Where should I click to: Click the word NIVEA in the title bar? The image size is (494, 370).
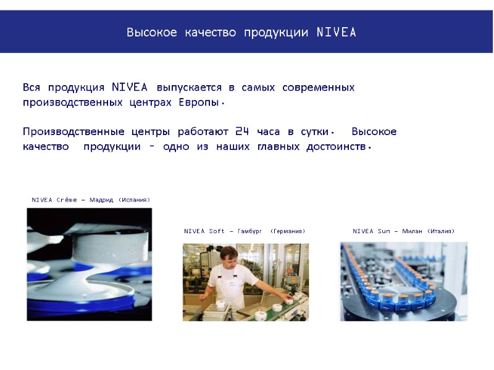coord(336,32)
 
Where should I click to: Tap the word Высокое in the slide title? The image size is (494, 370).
coord(151,32)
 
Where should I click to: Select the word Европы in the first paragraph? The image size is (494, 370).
coord(199,102)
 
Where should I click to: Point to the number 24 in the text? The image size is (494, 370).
coord(243,132)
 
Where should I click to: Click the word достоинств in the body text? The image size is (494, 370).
coord(337,147)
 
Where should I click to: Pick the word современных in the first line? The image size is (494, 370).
coord(318,88)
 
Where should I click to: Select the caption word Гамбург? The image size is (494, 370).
coord(250,231)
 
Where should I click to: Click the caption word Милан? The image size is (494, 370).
coord(412,231)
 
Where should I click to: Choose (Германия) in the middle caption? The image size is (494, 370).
coord(288,231)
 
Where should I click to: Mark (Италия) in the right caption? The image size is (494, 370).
coord(440,231)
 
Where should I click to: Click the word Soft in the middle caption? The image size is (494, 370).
coord(217,231)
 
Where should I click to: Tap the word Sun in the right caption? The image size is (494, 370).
coord(384,231)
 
